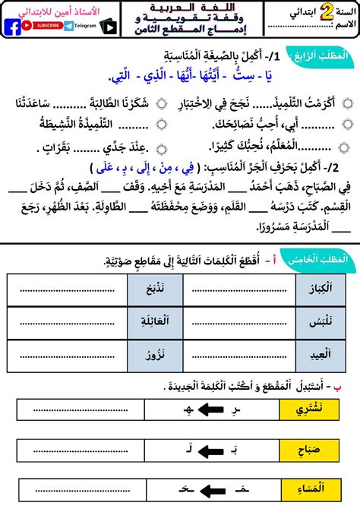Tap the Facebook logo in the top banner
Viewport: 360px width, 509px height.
14,26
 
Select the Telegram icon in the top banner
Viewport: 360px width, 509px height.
70,26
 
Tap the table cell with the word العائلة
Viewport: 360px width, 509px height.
154,320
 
